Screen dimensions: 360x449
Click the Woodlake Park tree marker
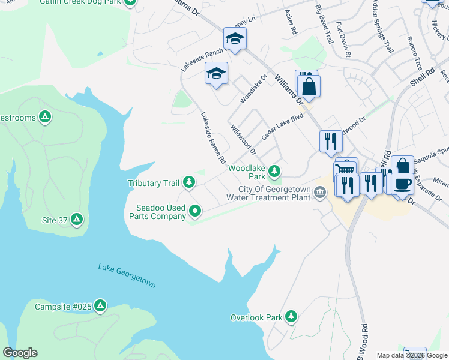coord(274,172)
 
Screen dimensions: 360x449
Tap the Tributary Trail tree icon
coord(189,182)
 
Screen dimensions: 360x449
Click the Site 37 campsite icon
coord(76,220)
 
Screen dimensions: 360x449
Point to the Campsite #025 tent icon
coord(100,306)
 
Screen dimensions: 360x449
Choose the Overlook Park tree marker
coord(291,316)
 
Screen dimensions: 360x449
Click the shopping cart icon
coord(346,169)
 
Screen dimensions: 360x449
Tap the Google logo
coord(20,353)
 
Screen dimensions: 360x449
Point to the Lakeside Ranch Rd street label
coord(213,139)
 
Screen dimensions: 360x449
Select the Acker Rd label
coord(291,22)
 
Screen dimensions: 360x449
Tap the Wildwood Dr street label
coord(244,139)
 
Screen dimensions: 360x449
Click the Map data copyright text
coord(412,355)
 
